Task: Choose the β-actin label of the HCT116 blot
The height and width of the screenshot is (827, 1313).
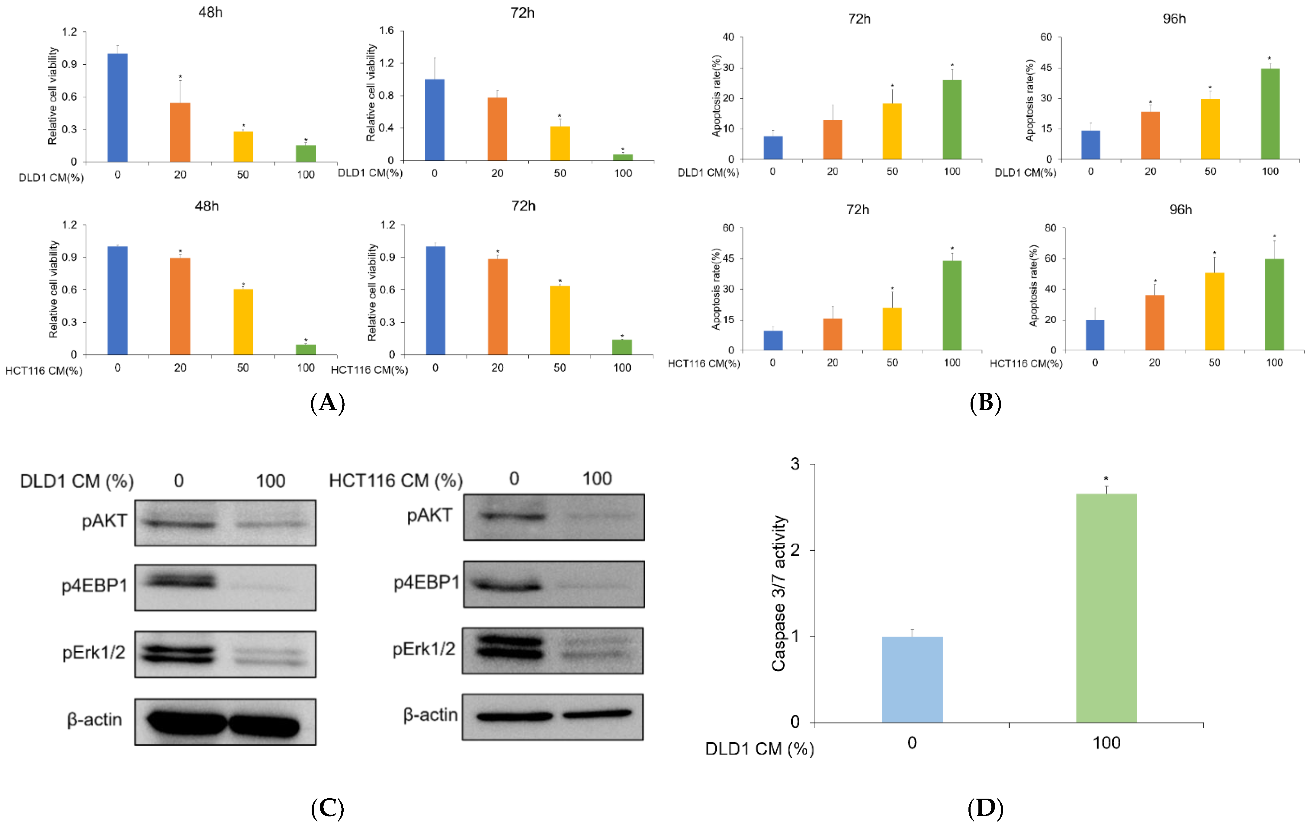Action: pos(430,715)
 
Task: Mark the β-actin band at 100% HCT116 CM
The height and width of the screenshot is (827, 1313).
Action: pos(597,714)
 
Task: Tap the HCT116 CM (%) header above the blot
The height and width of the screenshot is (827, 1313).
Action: pos(396,480)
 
